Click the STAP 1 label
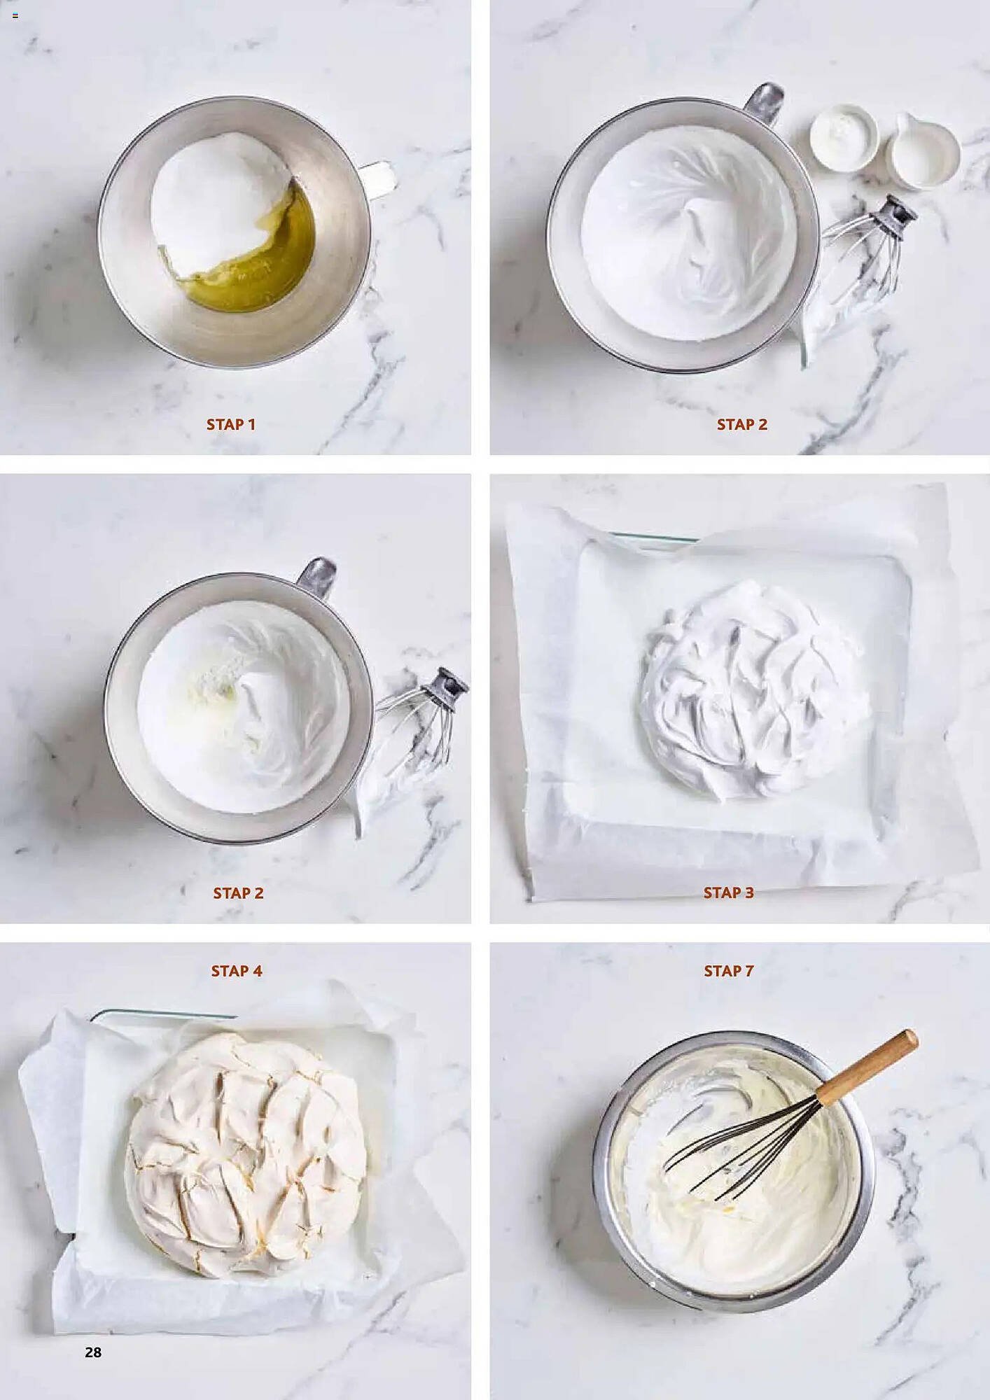click(x=230, y=424)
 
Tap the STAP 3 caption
click(x=728, y=892)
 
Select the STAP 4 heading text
click(x=237, y=971)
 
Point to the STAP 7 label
click(x=728, y=971)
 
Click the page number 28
click(x=93, y=1352)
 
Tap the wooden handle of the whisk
click(x=867, y=1067)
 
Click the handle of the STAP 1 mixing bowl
click(x=378, y=178)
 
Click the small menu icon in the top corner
click(x=15, y=15)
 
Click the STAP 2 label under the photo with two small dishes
click(x=741, y=424)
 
